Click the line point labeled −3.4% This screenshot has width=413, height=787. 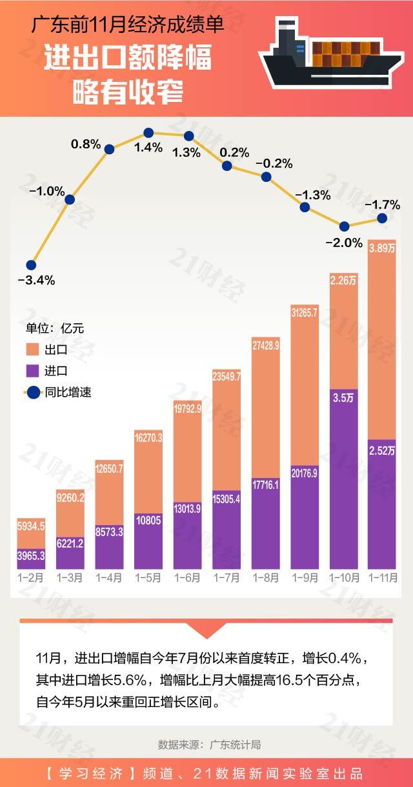tap(31, 265)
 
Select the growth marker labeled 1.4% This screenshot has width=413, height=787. tap(148, 133)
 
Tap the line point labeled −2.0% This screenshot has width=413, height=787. tap(344, 226)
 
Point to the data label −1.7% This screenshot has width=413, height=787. tap(383, 205)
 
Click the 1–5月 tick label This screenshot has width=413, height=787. tap(148, 577)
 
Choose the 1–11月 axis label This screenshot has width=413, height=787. tap(382, 577)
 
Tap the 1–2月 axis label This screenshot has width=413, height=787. tap(31, 577)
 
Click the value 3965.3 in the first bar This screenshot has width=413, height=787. tap(31, 555)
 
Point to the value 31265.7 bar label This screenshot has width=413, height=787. tap(305, 313)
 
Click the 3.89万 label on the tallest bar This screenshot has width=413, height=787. tap(382, 248)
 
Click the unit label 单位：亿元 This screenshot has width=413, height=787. tap(55, 328)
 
